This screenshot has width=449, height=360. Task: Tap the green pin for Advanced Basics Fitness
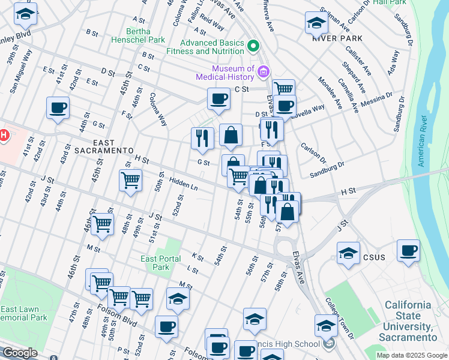(x=253, y=46)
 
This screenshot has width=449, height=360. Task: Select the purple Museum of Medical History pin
(x=262, y=73)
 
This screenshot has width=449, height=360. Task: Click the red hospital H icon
(x=3, y=135)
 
